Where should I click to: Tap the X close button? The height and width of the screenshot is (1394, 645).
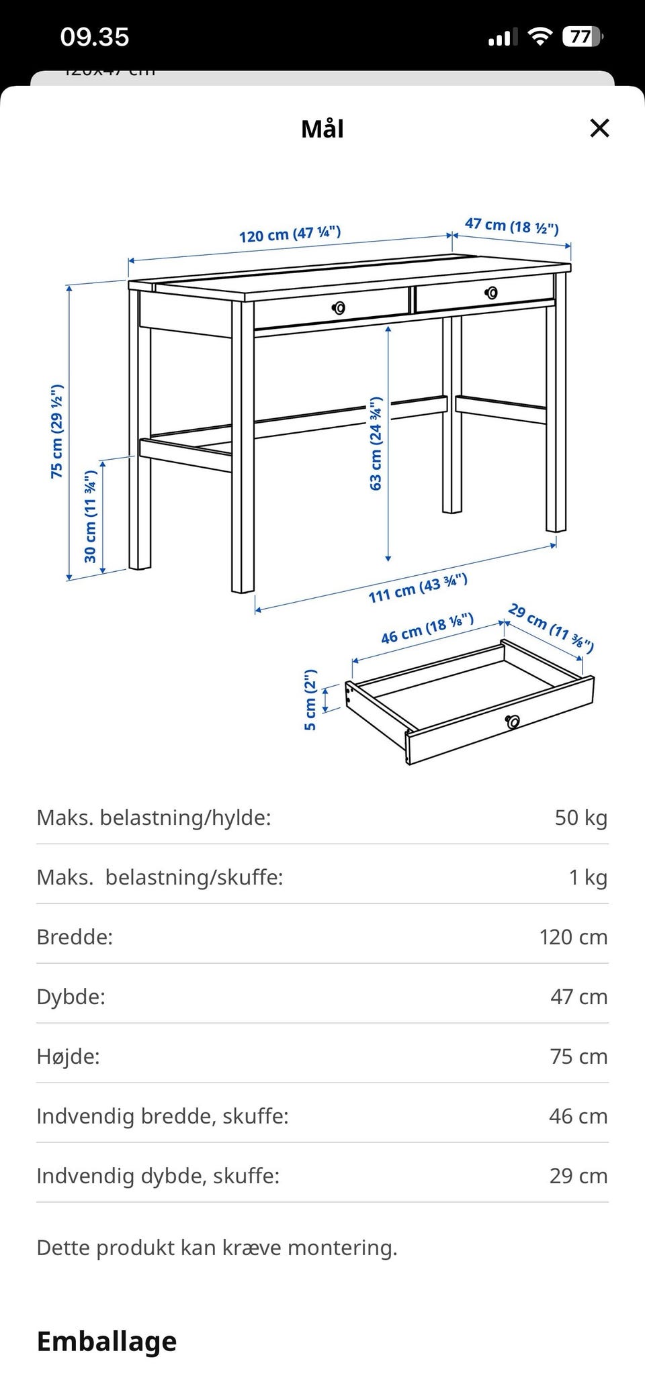(x=599, y=128)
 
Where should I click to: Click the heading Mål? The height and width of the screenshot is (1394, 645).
(x=322, y=129)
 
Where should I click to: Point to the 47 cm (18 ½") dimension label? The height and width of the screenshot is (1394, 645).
(x=512, y=226)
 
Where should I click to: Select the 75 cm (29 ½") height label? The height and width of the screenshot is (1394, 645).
(x=57, y=431)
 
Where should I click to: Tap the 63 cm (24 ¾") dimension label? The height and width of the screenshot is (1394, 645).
(x=376, y=444)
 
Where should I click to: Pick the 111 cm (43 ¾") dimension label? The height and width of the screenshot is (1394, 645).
(x=417, y=589)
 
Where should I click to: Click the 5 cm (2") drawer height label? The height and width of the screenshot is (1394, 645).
(x=310, y=699)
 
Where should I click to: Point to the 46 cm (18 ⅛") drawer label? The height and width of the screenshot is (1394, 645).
(x=427, y=628)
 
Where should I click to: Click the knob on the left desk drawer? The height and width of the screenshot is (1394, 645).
(x=339, y=308)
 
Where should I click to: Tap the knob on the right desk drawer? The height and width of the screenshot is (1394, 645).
(x=492, y=293)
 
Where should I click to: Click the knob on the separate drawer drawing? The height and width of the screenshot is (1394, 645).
(x=513, y=721)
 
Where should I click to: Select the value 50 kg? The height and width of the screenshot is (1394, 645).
(x=580, y=817)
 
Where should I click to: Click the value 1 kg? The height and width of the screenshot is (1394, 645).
(x=588, y=877)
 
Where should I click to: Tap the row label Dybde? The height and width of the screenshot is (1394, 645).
(x=71, y=997)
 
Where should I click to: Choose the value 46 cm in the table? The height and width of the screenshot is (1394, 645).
(x=578, y=1116)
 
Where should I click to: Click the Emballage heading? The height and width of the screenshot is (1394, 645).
(x=107, y=1341)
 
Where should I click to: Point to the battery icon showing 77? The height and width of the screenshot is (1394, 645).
(x=582, y=37)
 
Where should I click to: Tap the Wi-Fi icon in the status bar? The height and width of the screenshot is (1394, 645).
(x=539, y=37)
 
